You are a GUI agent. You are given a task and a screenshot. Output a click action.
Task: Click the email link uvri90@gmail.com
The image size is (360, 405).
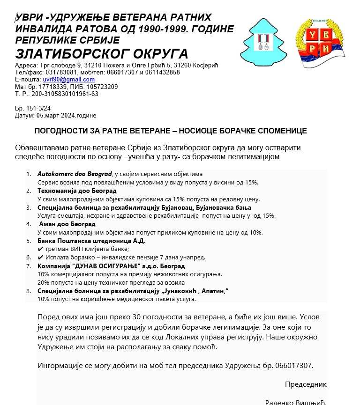69,80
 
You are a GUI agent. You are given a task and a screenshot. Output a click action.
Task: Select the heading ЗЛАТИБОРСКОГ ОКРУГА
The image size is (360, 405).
102,54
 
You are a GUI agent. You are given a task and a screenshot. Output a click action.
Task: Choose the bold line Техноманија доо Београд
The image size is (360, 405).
77,191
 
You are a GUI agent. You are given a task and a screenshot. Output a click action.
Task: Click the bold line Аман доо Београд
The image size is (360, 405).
67,224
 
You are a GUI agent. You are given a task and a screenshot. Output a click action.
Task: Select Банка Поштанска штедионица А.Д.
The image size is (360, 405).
92,241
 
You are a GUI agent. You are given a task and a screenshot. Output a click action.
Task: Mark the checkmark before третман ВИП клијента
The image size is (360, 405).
40,249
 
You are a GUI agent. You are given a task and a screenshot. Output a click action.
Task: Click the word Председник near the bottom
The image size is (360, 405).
306,384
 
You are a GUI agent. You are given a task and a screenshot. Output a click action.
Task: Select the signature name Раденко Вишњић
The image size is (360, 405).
295,402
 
